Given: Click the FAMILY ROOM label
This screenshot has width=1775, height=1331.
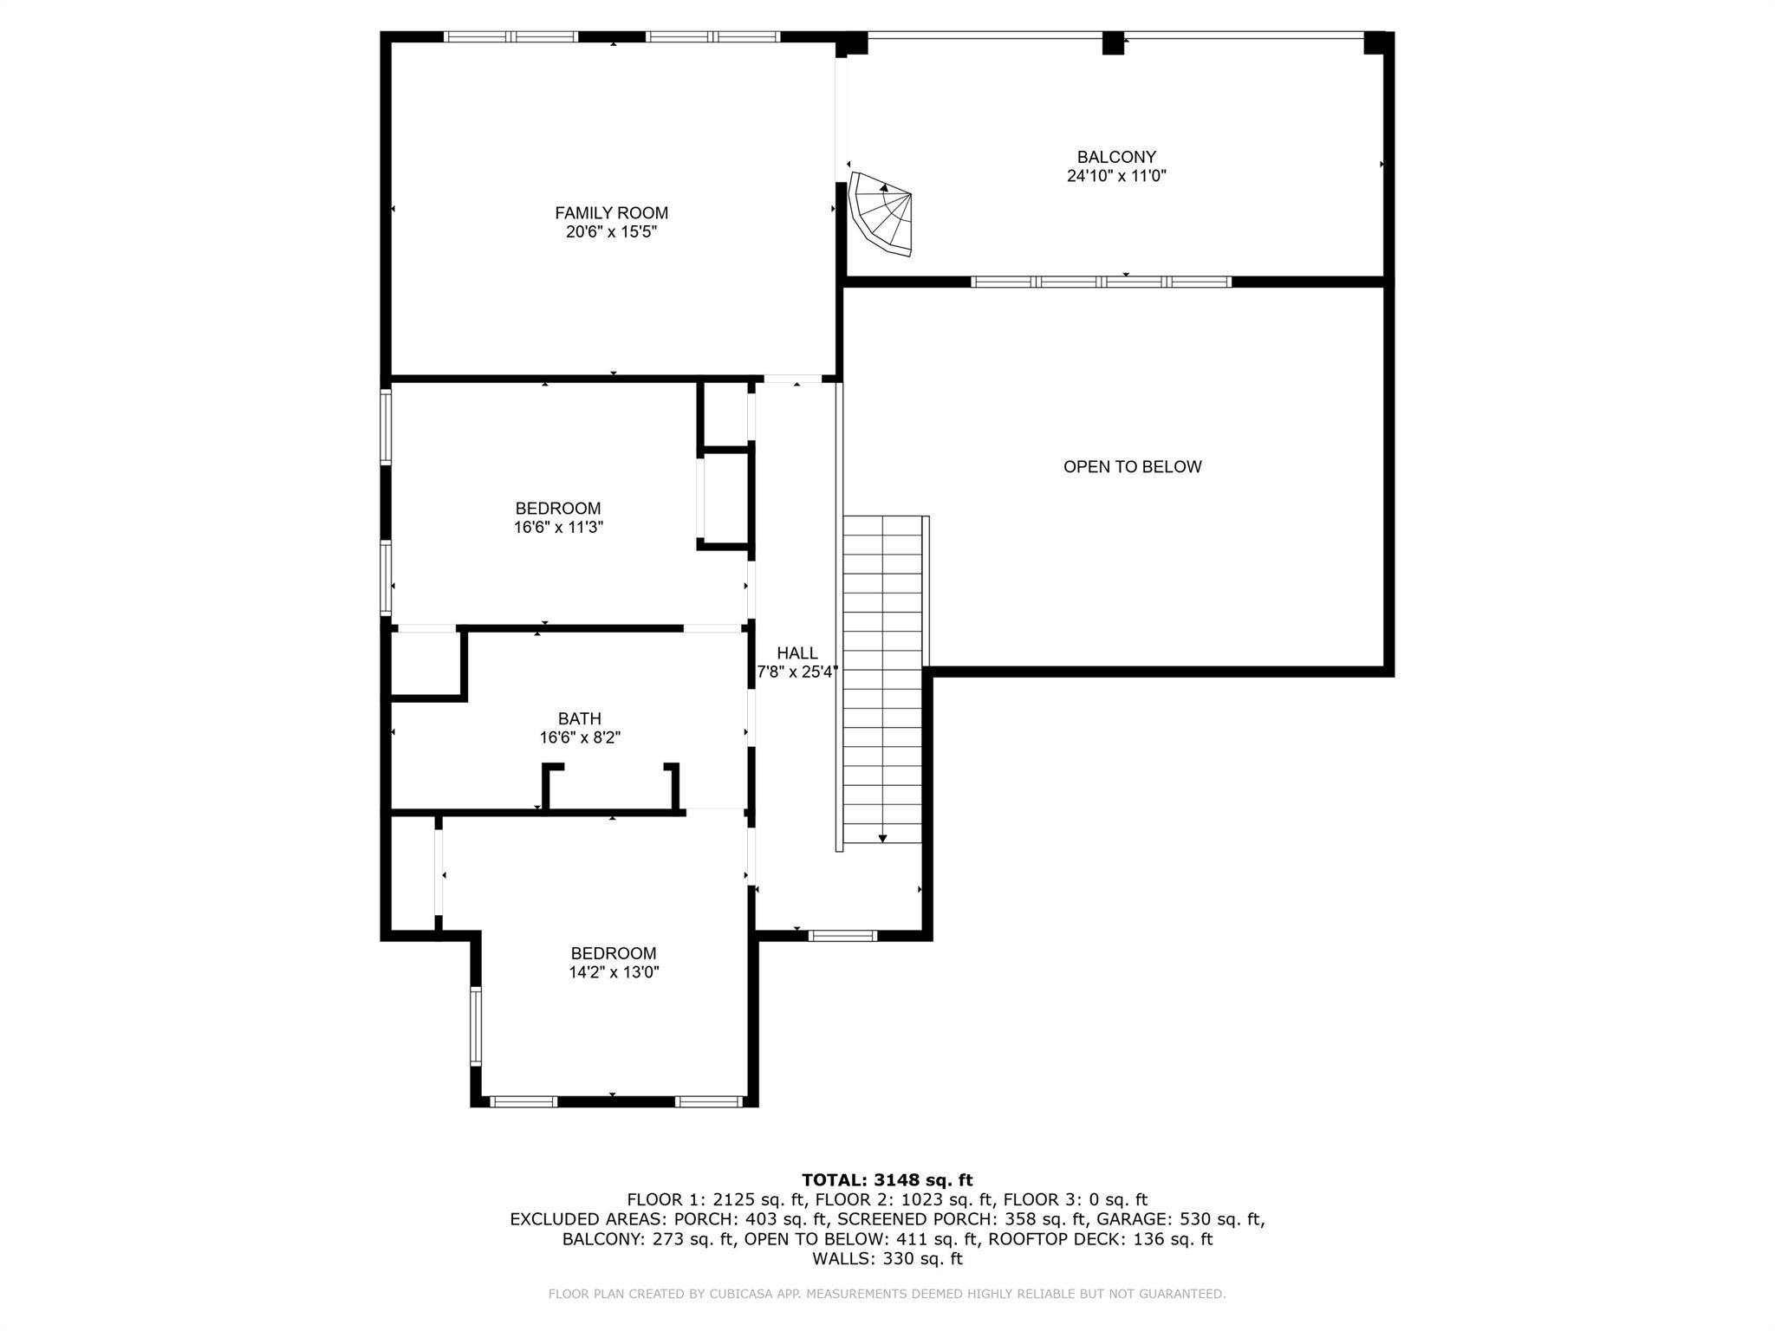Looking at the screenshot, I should point(611,213).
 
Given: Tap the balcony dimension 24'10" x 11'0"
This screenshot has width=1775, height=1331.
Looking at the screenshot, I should point(1116,176).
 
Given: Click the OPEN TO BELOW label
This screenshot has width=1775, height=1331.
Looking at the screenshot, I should point(1132,467).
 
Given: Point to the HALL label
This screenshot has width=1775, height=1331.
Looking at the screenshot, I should point(796,653).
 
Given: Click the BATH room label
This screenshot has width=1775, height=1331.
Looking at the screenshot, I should point(579,719).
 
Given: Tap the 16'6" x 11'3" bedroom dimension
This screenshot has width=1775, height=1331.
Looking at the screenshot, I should point(558,527).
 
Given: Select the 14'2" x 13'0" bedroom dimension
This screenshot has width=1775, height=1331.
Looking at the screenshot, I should point(614,972).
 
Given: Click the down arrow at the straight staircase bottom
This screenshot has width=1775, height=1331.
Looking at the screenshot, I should point(882,837).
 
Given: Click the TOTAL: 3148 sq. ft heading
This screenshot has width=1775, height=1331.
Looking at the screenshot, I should point(887,1180).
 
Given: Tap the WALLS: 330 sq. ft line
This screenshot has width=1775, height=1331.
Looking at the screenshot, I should point(887,1258).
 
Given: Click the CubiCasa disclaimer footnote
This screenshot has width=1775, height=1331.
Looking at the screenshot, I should point(887,1294).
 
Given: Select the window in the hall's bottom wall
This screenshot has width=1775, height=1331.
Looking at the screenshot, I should point(842,935).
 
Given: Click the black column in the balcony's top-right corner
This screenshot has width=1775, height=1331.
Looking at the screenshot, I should point(1375,42).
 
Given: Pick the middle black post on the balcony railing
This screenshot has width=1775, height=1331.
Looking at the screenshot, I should point(1113,43).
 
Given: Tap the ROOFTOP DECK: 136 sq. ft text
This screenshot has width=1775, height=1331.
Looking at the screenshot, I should point(1101,1239).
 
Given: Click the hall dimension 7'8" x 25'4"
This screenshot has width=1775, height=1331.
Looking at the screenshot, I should point(796,672).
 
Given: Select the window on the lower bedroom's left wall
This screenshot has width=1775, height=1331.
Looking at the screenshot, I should point(475,1026).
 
